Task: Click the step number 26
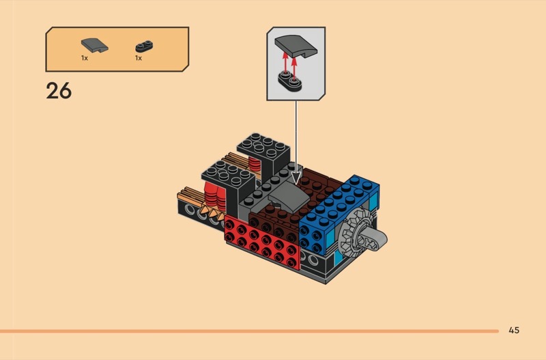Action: click(59, 91)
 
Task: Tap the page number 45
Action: click(514, 330)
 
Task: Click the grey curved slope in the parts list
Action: click(94, 46)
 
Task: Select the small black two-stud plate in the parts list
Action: click(144, 46)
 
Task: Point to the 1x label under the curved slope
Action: click(85, 58)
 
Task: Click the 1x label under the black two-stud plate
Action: click(139, 58)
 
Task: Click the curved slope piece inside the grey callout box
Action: click(296, 46)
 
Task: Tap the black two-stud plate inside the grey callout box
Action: click(289, 81)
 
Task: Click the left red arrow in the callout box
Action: click(285, 63)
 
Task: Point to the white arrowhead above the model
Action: click(296, 179)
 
